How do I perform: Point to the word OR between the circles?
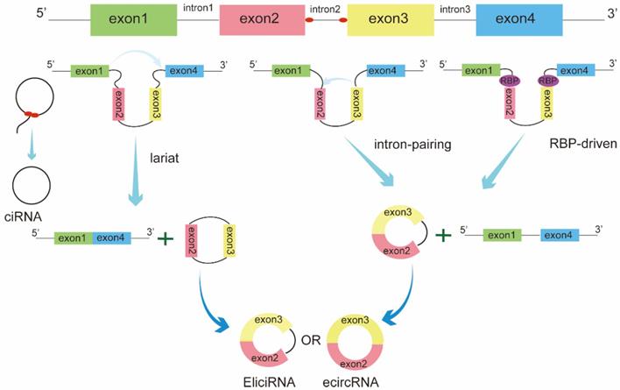pos(310,334)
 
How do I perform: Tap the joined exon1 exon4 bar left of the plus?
pos(93,237)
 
